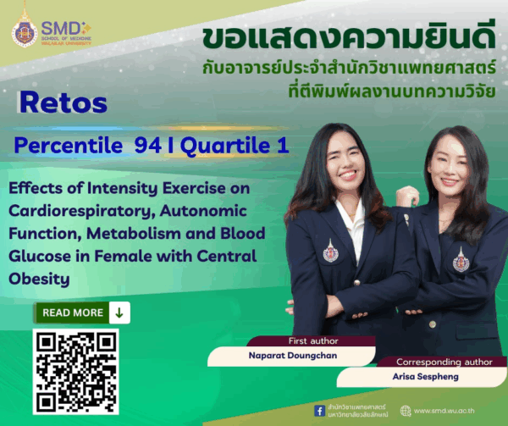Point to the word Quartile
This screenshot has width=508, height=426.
224,146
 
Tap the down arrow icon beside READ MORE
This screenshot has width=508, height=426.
119,313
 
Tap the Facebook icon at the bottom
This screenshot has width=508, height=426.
319,410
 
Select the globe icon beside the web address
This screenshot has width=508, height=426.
406,411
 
